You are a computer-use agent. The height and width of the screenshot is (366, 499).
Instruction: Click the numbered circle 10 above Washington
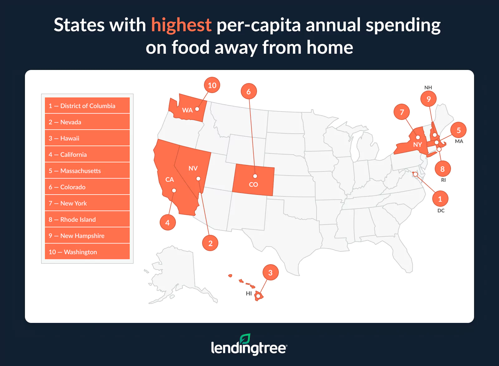pyautogui.click(x=212, y=85)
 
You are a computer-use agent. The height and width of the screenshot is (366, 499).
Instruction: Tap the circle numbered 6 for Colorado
pyautogui.click(x=249, y=91)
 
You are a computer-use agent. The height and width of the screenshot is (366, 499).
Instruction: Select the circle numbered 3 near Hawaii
pyautogui.click(x=270, y=273)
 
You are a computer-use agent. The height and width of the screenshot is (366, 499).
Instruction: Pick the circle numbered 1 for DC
pyautogui.click(x=440, y=199)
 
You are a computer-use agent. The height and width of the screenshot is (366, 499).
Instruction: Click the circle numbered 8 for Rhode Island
pyautogui.click(x=442, y=169)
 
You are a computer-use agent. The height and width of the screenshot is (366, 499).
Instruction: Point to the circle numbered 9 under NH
pyautogui.click(x=429, y=99)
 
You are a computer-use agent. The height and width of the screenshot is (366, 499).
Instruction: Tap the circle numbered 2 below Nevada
pyautogui.click(x=210, y=243)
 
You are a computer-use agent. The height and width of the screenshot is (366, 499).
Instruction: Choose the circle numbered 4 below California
pyautogui.click(x=167, y=223)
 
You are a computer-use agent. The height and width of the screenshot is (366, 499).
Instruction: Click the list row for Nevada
pyautogui.click(x=87, y=122)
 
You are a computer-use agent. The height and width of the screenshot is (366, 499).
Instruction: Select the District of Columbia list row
pyautogui.click(x=87, y=106)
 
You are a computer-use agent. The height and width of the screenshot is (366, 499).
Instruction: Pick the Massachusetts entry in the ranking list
pyautogui.click(x=87, y=171)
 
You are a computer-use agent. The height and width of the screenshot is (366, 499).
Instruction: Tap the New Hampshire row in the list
pyautogui.click(x=87, y=236)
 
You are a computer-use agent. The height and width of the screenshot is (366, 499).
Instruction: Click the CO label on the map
pyautogui.click(x=253, y=185)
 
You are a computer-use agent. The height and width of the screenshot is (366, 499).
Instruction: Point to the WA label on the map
pyautogui.click(x=187, y=110)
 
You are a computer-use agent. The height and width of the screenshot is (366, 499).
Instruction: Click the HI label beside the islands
pyautogui.click(x=249, y=294)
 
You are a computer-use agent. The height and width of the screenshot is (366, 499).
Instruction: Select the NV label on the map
pyautogui.click(x=193, y=168)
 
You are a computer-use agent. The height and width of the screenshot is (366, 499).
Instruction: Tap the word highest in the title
pyautogui.click(x=181, y=25)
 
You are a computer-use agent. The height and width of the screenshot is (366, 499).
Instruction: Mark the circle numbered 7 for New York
pyautogui.click(x=402, y=112)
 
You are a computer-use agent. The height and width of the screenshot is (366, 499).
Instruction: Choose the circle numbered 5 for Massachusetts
pyautogui.click(x=458, y=130)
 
